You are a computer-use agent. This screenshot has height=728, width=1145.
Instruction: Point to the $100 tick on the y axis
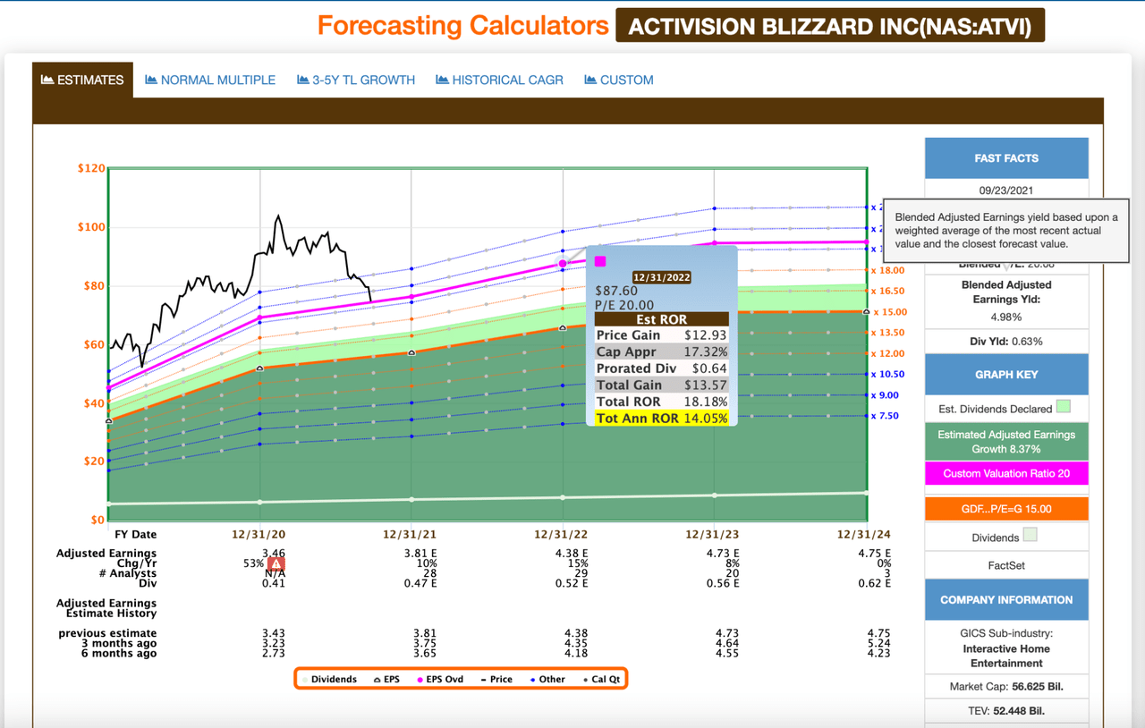(91, 227)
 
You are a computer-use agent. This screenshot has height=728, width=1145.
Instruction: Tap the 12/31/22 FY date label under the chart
(562, 535)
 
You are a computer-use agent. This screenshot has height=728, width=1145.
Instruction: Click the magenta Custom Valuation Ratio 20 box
(1006, 473)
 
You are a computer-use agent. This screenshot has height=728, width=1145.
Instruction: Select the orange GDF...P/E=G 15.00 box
(1006, 509)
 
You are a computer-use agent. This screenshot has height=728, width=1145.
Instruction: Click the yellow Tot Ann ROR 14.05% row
(662, 419)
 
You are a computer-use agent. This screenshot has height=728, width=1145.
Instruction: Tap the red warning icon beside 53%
(276, 563)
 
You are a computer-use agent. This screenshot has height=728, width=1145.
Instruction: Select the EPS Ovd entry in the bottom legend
(441, 679)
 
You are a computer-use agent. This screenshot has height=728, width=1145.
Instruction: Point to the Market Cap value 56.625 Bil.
(1029, 687)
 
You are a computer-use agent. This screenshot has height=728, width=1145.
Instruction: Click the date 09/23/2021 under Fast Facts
(1006, 190)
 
